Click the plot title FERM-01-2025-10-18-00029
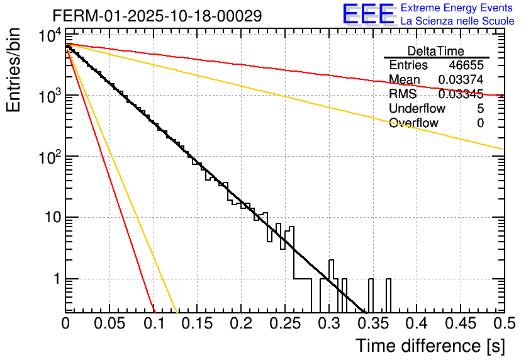click(157, 16)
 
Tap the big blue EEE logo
click(368, 15)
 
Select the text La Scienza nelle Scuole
click(457, 21)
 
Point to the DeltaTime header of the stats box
click(435, 50)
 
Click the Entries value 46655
click(466, 65)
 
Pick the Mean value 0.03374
click(461, 80)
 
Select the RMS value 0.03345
click(461, 94)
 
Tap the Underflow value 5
click(480, 109)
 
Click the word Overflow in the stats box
click(413, 123)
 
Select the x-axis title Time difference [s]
click(430, 346)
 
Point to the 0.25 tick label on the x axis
click(284, 324)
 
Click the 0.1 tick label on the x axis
click(154, 324)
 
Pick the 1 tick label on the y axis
click(55, 279)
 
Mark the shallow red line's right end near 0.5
click(502, 96)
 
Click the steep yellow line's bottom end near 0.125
click(177, 311)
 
